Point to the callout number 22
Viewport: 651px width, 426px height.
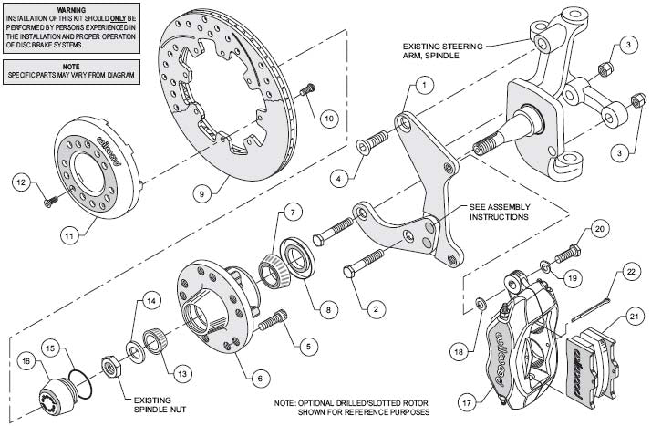[630, 271]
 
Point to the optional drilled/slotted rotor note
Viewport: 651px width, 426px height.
[350, 406]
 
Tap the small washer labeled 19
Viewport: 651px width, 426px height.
[544, 266]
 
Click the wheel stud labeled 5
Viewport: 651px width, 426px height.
[272, 321]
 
